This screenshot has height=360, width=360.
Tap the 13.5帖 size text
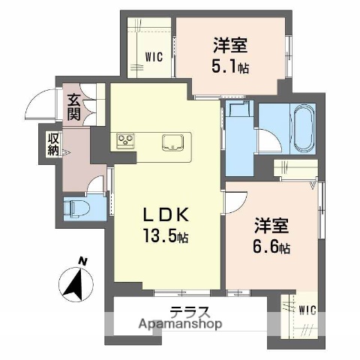[x=166, y=236]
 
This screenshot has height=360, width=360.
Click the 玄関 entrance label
[x=74, y=106]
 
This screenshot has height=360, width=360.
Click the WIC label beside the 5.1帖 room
[x=155, y=55]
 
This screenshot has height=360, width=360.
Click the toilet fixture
[x=77, y=207]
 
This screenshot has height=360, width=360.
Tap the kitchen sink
[x=174, y=142]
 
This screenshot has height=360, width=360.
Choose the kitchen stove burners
[x=124, y=140]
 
